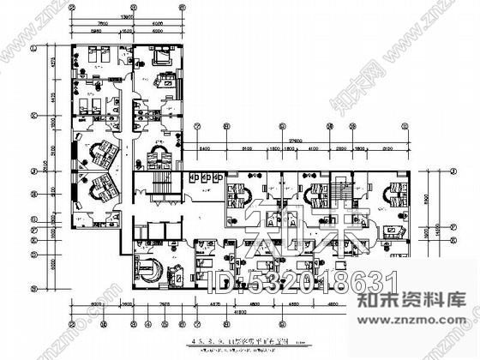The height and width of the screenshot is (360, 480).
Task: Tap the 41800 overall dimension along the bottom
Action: click(234, 313)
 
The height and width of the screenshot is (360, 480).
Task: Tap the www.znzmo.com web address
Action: click(429, 350)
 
